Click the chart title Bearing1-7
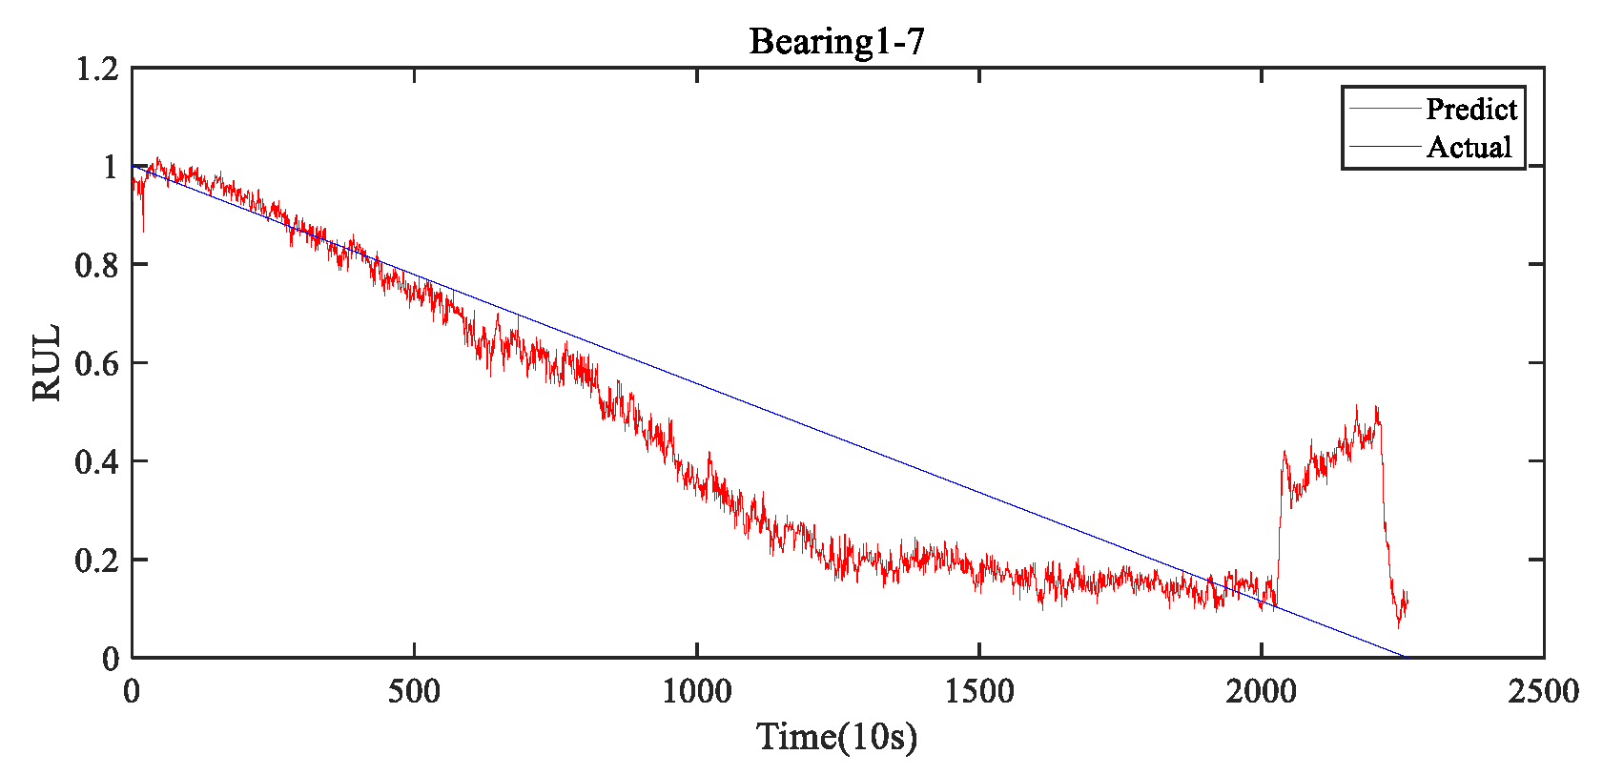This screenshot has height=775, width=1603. coord(836,42)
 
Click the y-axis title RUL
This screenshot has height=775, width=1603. coord(47,363)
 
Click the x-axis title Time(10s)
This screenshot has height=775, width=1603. coord(836,737)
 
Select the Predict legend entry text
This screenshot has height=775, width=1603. coord(1470,110)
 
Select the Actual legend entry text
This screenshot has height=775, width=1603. coord(1469,148)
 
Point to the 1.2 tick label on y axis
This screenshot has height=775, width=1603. coord(96,69)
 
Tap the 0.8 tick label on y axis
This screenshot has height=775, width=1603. coord(96,265)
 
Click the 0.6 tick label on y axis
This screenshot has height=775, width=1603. coord(96,363)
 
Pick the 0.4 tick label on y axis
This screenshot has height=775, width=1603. coord(96,461)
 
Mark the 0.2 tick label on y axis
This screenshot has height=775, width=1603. coord(96,561)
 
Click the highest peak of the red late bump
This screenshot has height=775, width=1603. coord(1356,407)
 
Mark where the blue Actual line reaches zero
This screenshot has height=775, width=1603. coord(1404,657)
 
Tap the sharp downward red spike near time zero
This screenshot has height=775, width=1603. coord(143,230)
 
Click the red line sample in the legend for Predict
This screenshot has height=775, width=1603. coord(1384,110)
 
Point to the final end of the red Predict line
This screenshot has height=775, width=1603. coord(1407,599)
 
